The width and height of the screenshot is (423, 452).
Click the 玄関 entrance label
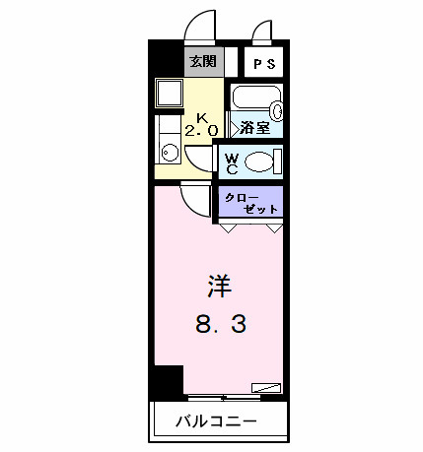click(203, 62)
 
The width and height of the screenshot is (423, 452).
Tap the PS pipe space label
click(264, 64)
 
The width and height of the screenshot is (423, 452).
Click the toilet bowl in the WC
click(259, 161)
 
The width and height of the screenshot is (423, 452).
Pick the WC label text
click(231, 161)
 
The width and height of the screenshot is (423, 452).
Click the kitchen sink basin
click(170, 153)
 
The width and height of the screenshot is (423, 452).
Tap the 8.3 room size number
click(218, 324)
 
